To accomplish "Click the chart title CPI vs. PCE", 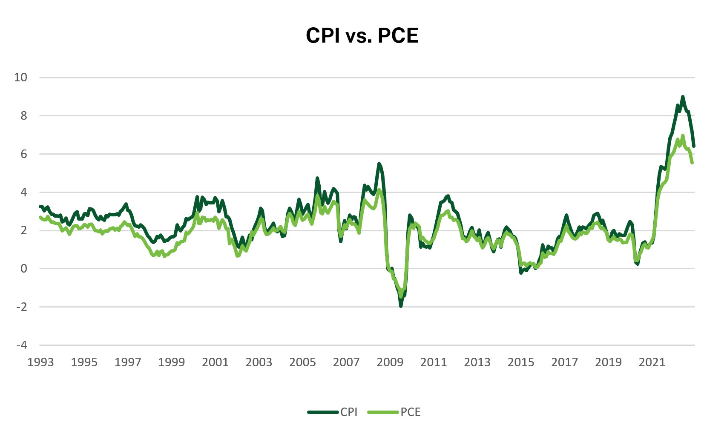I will point(362,35).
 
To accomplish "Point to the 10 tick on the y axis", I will point(20,77).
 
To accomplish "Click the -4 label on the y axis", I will point(21,345).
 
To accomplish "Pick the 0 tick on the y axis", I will point(24,268).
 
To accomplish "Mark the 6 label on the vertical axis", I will point(24,154).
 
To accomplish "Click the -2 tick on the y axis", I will point(21,307).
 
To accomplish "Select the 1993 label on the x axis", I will point(40,362).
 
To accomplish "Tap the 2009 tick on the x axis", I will point(390,362).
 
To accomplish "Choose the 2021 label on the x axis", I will point(652,362).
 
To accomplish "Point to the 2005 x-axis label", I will point(302,362).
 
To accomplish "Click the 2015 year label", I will point(520,362).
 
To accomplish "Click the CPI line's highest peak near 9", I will point(683,97).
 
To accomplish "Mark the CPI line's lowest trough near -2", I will point(401,306).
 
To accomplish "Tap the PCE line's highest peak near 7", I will point(683,135).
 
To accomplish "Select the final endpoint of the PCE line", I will point(693,163).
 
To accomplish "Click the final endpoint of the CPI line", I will point(694,146).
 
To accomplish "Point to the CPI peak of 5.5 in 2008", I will point(379,164).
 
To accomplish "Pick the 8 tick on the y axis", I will point(24,115).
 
